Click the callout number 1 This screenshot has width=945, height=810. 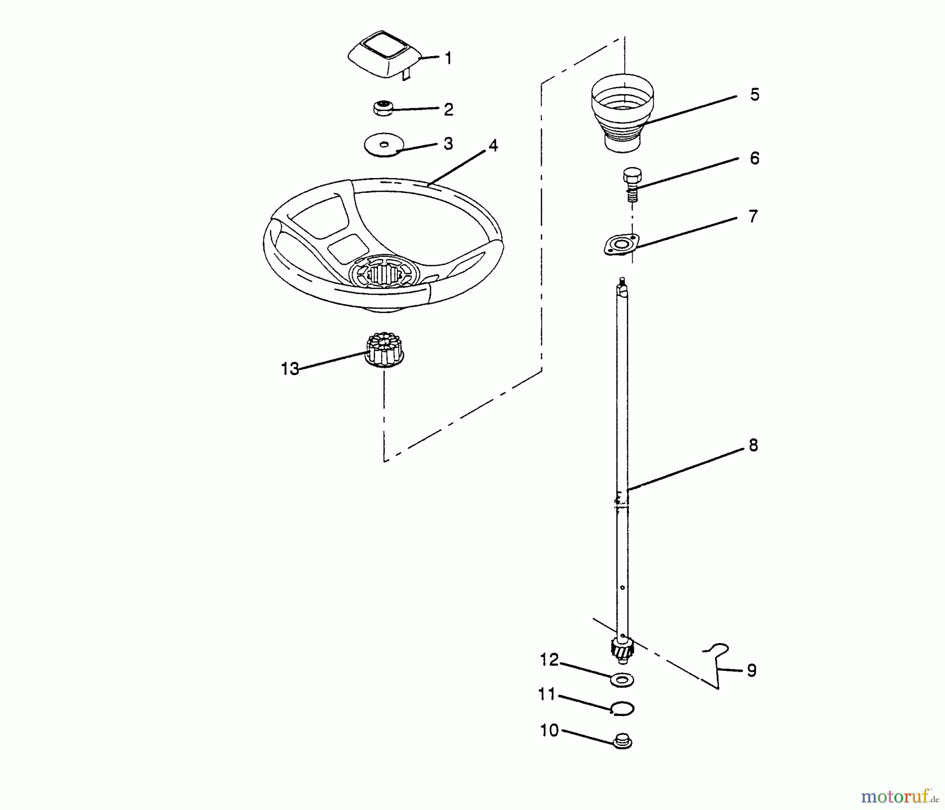point(448,58)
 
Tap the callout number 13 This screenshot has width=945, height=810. point(290,369)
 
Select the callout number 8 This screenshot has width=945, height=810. point(753,445)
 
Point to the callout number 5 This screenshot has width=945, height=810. point(754,95)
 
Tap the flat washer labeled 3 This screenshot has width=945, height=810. point(384,144)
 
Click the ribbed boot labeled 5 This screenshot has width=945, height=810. point(623,113)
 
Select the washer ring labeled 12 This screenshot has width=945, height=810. point(623,680)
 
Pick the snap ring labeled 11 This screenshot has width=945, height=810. point(623,709)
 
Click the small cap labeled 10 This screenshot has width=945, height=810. point(623,741)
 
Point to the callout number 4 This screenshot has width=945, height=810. point(492,146)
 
